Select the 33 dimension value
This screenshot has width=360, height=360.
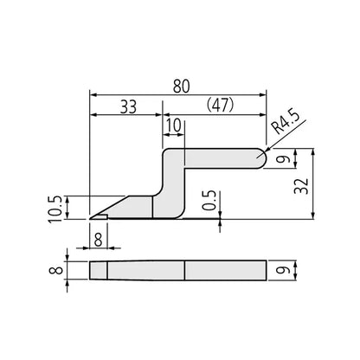click(x=127, y=108)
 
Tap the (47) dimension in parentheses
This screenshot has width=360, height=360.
click(x=217, y=108)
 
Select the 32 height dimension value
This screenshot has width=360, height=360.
click(x=320, y=183)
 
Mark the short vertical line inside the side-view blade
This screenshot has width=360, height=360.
click(x=152, y=207)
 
